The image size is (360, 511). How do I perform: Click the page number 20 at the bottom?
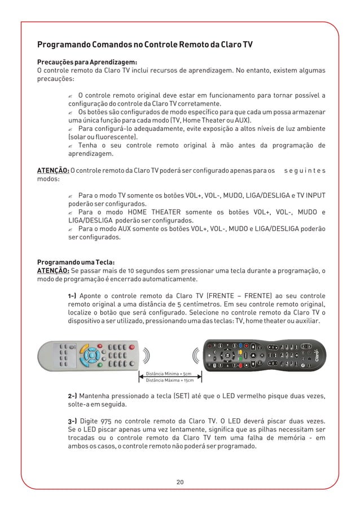coord(180,482)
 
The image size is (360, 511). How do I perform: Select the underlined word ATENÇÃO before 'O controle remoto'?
coord(53,170)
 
